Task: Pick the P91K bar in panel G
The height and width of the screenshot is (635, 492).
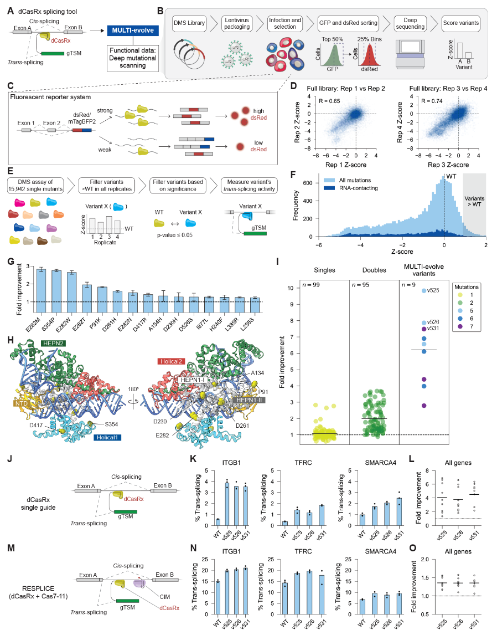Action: [x=87, y=295]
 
